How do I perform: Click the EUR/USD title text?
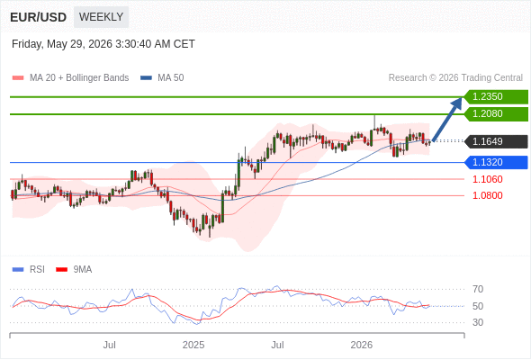pyautogui.click(x=39, y=17)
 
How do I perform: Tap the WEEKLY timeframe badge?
pyautogui.click(x=102, y=16)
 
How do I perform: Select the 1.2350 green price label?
pyautogui.click(x=496, y=97)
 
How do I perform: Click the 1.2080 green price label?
pyautogui.click(x=496, y=113)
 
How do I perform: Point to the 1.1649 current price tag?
pyautogui.click(x=496, y=141)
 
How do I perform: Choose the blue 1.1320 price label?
pyautogui.click(x=496, y=162)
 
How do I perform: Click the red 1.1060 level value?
pyautogui.click(x=487, y=179)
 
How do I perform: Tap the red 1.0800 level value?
pyautogui.click(x=487, y=195)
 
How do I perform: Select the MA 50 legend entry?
pyautogui.click(x=162, y=78)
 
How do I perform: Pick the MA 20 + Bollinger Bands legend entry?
pyautogui.click(x=70, y=78)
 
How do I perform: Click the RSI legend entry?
pyautogui.click(x=29, y=270)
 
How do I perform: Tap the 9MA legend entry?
pyautogui.click(x=74, y=270)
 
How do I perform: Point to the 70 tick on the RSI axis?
pyautogui.click(x=478, y=289)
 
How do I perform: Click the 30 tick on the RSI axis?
pyautogui.click(x=478, y=322)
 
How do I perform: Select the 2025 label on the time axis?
pyautogui.click(x=193, y=345)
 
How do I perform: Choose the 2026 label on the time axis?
pyautogui.click(x=361, y=345)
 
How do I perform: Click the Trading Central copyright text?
pyautogui.click(x=455, y=78)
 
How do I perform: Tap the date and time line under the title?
pyautogui.click(x=103, y=44)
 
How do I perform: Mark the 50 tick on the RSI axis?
pyautogui.click(x=478, y=306)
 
